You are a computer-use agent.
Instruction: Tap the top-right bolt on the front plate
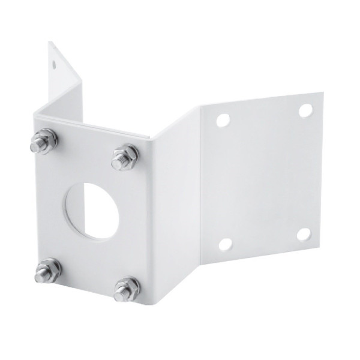point(125,157)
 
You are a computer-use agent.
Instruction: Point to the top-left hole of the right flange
point(223,120)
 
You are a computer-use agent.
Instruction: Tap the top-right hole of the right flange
point(305,110)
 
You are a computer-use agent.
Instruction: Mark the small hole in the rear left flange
point(55,61)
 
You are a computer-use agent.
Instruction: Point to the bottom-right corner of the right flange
point(321,247)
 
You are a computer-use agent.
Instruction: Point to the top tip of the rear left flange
point(49,42)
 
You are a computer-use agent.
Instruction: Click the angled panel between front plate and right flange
point(174,198)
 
